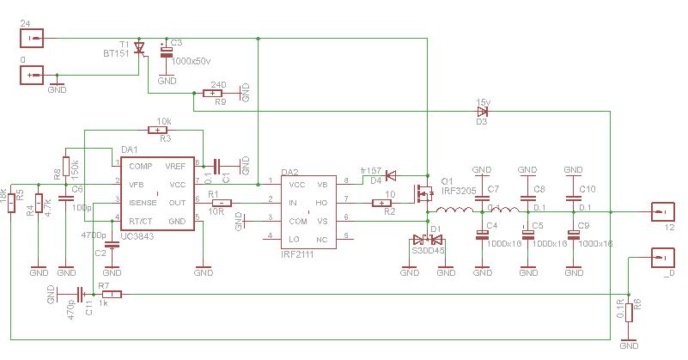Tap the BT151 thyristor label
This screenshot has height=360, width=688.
(116, 53)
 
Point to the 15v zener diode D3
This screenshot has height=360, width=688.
(482, 111)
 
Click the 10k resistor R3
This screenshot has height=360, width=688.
(159, 130)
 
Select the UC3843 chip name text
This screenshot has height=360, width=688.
(120, 236)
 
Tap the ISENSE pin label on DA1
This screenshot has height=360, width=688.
(143, 203)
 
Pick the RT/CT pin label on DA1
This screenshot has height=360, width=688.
(142, 221)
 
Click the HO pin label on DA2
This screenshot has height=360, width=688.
(321, 203)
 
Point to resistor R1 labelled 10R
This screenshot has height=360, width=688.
(221, 203)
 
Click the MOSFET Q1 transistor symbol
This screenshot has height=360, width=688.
(423, 195)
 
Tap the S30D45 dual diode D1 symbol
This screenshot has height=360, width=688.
(427, 240)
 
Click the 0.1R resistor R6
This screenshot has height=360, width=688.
(629, 312)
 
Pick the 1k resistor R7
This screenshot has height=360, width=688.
(112, 294)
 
